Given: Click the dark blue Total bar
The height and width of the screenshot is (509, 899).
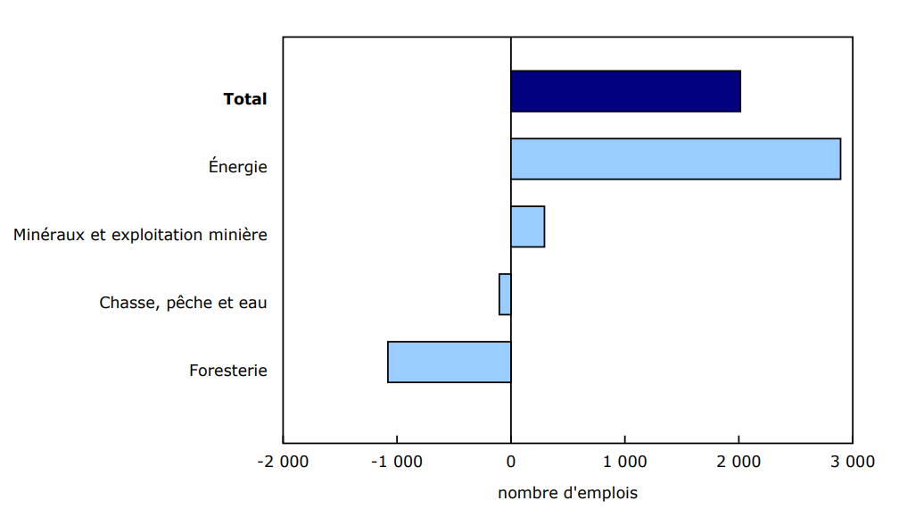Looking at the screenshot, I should (625, 91).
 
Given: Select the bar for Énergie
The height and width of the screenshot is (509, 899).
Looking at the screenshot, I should (675, 159).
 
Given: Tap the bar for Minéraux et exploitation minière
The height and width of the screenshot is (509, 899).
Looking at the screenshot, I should (527, 227).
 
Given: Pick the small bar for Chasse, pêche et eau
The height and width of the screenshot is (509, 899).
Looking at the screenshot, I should (505, 294).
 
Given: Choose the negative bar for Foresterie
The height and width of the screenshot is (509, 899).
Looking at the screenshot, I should (449, 362).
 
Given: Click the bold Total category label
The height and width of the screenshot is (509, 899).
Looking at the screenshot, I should (245, 99).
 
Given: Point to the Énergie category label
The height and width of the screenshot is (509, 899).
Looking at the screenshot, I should (238, 166).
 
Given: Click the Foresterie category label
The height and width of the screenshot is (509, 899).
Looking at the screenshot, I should (228, 371).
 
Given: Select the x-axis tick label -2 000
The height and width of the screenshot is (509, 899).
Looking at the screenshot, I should (283, 462).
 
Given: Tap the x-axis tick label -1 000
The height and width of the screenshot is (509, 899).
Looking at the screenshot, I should (396, 462).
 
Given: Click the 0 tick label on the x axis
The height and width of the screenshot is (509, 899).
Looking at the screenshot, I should (511, 462).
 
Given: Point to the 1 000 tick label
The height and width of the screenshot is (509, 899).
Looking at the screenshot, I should (624, 462).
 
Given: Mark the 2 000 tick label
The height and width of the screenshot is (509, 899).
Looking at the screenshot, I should (738, 462).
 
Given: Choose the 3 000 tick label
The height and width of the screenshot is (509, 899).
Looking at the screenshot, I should (853, 462).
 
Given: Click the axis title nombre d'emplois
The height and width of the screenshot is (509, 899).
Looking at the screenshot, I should (567, 493).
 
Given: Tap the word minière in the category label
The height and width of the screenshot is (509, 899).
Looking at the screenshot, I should (237, 235).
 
